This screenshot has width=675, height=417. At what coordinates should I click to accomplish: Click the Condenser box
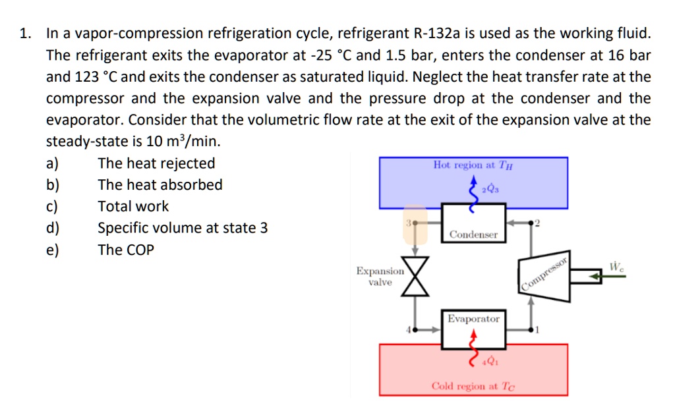tap(473, 224)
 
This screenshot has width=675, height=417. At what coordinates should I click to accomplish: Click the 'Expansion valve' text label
tap(380, 277)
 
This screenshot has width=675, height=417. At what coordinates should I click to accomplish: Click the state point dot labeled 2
tap(532, 223)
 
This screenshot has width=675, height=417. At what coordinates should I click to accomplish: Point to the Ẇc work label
tap(617, 267)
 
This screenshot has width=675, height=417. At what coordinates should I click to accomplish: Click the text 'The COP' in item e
tap(126, 250)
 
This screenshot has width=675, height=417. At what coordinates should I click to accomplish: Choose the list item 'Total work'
tap(133, 206)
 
